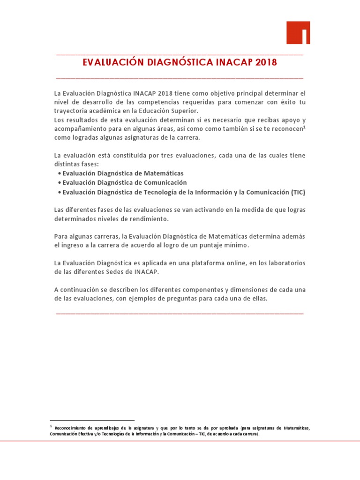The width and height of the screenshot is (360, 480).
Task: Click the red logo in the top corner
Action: pos(298,32)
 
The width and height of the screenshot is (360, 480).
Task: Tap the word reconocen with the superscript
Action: pos(288,128)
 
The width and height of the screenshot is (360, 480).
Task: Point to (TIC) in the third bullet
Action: pos(298,192)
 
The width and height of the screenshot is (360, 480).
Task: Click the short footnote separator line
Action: pos(92,420)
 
